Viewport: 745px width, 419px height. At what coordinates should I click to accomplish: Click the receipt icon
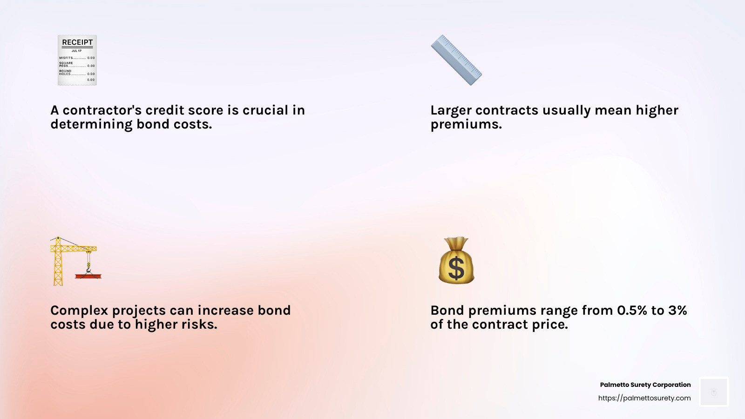77,60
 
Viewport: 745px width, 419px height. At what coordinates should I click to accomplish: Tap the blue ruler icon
456,60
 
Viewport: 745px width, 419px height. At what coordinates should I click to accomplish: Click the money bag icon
456,261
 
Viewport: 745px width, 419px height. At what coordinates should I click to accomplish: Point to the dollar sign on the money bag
456,268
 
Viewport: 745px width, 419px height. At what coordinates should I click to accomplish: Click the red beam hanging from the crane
88,277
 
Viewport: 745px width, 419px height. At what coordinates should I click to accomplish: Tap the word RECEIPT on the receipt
77,42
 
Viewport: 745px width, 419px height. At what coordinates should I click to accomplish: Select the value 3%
677,311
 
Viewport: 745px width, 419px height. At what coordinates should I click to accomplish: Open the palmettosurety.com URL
644,398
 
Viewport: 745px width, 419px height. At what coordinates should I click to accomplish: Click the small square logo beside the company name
714,392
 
